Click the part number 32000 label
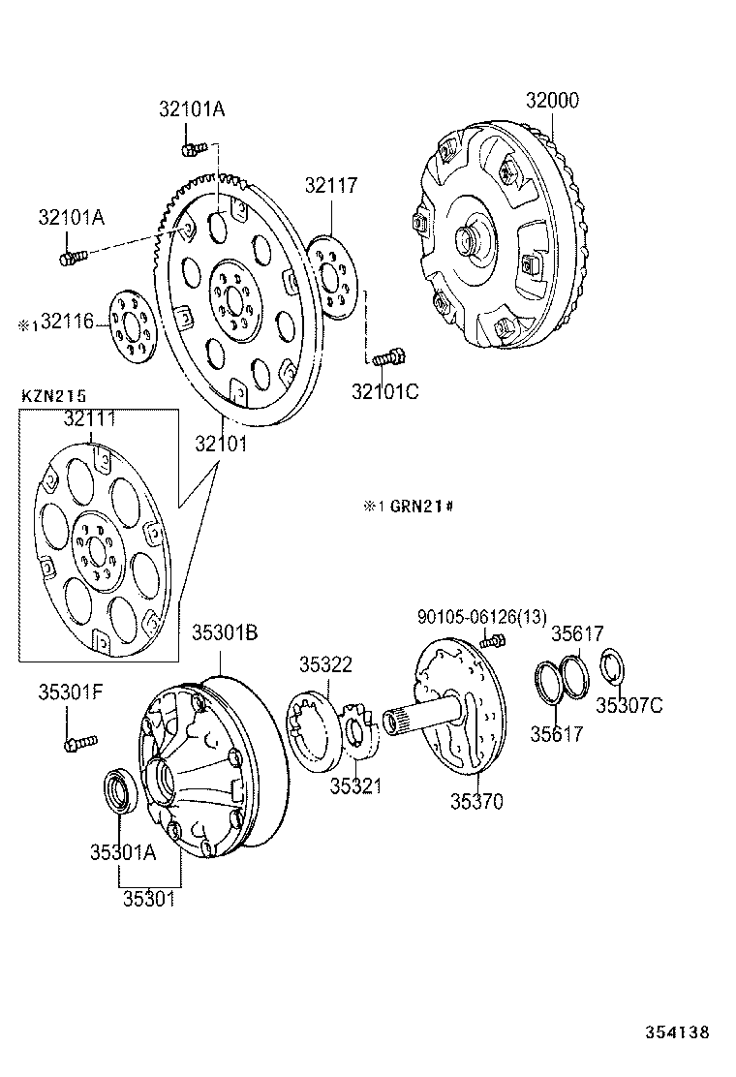coord(553,101)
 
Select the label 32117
coord(331,185)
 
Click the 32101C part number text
coord(384,391)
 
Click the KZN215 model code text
coord(54,395)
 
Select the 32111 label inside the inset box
coord(90,418)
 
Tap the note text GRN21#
coord(422,507)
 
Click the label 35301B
coord(224,632)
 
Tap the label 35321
coord(355,786)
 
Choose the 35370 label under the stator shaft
coord(476,802)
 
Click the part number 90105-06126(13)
coord(482,616)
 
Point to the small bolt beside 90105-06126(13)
coord(495,640)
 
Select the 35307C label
coord(629,704)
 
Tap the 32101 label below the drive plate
coord(221,445)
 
